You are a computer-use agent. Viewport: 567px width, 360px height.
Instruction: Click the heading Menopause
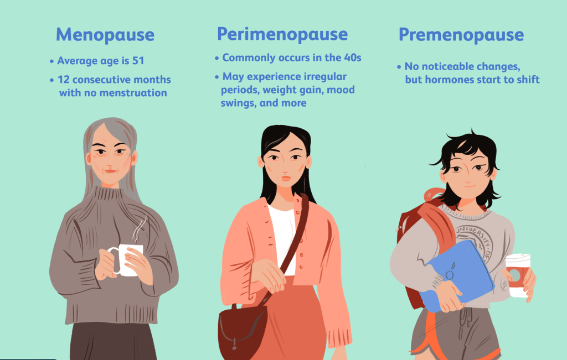click(105, 35)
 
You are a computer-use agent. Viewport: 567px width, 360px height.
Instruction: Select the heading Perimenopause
click(282, 34)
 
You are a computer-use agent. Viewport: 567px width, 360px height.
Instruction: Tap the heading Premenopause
click(461, 35)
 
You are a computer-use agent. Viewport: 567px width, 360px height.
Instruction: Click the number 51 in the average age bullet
click(138, 61)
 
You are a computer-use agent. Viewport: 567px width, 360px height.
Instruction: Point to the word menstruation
click(132, 93)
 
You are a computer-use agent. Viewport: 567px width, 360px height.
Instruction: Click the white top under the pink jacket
click(282, 232)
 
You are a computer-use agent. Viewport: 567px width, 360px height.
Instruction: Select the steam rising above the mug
click(141, 227)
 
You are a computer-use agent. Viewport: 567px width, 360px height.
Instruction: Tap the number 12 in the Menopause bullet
click(64, 80)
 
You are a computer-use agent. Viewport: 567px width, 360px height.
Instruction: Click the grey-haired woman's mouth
click(110, 170)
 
